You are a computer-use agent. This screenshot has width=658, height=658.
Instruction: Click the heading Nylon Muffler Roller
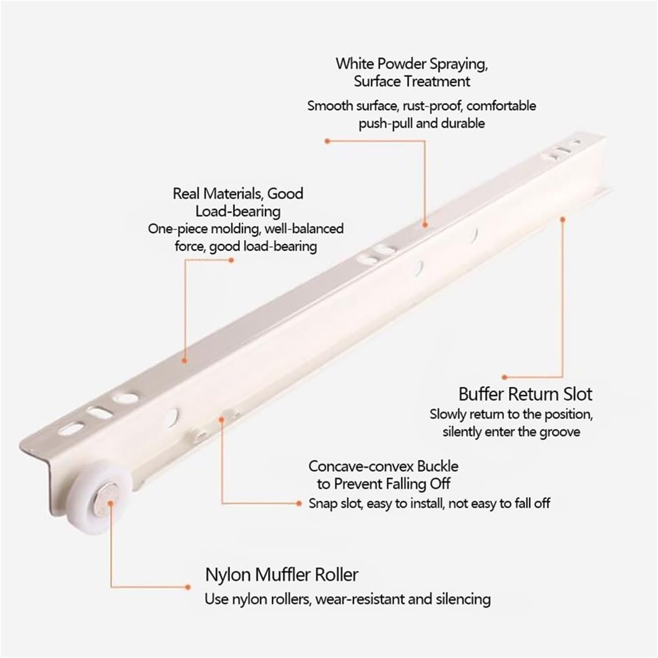pyautogui.click(x=281, y=575)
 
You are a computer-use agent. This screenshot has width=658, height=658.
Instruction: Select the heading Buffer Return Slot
pyautogui.click(x=525, y=394)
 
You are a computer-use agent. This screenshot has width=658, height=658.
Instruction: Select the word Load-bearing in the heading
pyautogui.click(x=238, y=212)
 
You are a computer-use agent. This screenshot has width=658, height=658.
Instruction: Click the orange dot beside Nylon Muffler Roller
pyautogui.click(x=188, y=587)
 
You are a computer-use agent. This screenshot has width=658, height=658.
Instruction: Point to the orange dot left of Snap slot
pyautogui.click(x=299, y=503)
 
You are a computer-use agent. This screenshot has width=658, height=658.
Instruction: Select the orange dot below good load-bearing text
pyautogui.click(x=232, y=260)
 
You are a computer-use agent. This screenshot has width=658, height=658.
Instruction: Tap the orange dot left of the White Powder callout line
pyautogui.click(x=327, y=141)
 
